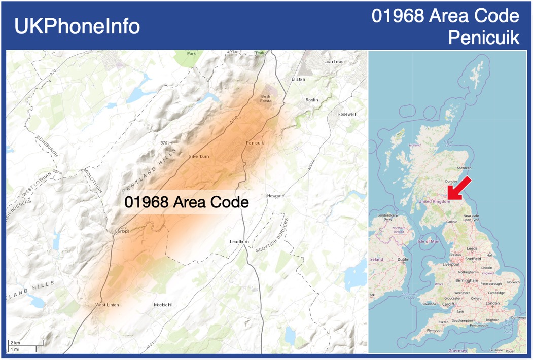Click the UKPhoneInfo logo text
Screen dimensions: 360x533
pos(77,26)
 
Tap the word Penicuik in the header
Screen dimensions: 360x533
pos(484,38)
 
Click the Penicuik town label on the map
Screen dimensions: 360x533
pos(255,143)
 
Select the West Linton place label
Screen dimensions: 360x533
pos(107,305)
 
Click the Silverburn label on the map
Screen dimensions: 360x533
pos(198,156)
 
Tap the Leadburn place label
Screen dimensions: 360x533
pos(239,242)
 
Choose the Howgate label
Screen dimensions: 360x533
pos(275,195)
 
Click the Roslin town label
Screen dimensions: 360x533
pos(312,100)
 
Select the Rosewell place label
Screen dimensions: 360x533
pos(347,114)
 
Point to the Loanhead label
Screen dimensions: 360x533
pos(334,61)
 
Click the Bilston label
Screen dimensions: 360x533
pos(299,80)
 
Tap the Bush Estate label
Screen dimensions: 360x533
pos(266,98)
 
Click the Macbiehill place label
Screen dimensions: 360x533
pos(163,305)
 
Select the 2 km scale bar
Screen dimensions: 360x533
pos(25,343)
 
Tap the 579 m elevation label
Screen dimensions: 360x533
pos(166,143)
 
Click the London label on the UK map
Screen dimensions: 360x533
pos(492,303)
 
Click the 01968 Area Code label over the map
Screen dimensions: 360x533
pos(187,202)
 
